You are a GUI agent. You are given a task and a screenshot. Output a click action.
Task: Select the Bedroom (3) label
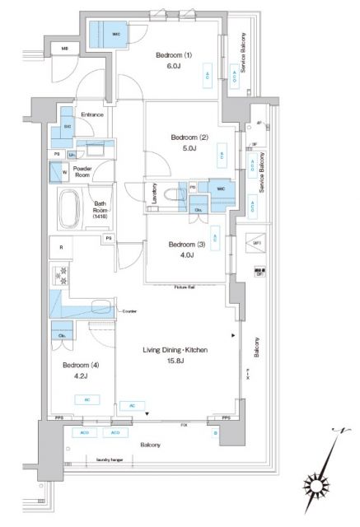182,244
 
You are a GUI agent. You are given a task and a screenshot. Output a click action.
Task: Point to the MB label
66,50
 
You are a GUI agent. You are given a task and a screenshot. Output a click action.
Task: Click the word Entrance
91,114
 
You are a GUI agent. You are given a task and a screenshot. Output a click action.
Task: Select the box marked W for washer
58,173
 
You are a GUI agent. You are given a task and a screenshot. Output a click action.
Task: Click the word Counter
129,311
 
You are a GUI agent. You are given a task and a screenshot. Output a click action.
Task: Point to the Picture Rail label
184,287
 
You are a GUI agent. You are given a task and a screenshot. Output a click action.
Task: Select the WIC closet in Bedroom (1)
105,35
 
